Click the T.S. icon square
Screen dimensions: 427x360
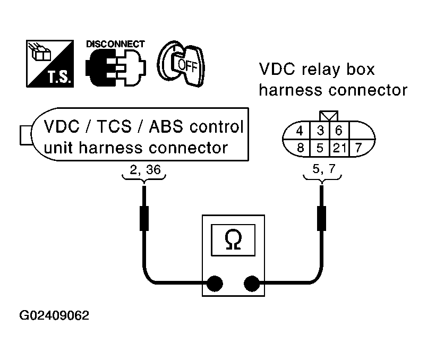[50, 64]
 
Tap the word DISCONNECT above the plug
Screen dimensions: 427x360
[115, 44]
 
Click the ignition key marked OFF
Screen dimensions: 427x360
[181, 64]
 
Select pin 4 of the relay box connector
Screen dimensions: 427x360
[300, 131]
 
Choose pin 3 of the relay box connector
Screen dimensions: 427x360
[320, 131]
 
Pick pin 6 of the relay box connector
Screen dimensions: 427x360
[338, 131]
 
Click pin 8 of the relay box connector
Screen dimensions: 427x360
[300, 148]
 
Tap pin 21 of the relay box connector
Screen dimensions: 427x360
[339, 148]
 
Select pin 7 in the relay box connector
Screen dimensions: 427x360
[358, 148]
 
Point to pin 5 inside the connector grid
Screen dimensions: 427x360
[320, 148]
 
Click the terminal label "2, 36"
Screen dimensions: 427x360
[145, 170]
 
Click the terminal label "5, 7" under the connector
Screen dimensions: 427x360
[324, 169]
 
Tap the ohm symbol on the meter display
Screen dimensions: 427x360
[233, 239]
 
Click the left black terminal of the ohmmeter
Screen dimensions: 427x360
[215, 284]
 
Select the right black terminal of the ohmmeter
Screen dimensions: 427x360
[252, 284]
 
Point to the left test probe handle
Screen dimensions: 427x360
[144, 218]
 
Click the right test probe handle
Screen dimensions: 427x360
[322, 218]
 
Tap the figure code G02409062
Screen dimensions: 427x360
[54, 315]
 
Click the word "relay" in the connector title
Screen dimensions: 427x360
[321, 70]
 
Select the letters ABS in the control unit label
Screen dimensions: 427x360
[166, 126]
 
